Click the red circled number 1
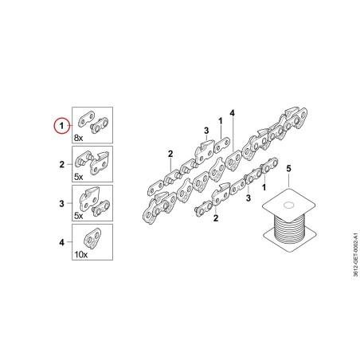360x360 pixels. (61, 125)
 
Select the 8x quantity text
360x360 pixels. (78, 138)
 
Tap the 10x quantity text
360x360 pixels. (81, 255)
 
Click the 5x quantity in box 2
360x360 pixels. (78, 177)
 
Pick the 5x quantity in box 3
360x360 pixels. (78, 216)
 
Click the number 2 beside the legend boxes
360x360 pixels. (62, 164)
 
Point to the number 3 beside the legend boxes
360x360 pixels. (62, 203)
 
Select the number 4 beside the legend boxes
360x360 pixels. (62, 242)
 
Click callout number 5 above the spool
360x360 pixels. (288, 168)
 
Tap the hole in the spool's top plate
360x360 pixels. (288, 205)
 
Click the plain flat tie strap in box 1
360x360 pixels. (87, 119)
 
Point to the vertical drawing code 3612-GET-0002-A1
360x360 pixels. (356, 255)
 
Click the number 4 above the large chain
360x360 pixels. (233, 113)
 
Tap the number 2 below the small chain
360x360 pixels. (216, 218)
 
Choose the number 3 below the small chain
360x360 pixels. (248, 198)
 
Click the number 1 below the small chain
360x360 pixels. (264, 187)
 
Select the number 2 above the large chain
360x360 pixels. (170, 154)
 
